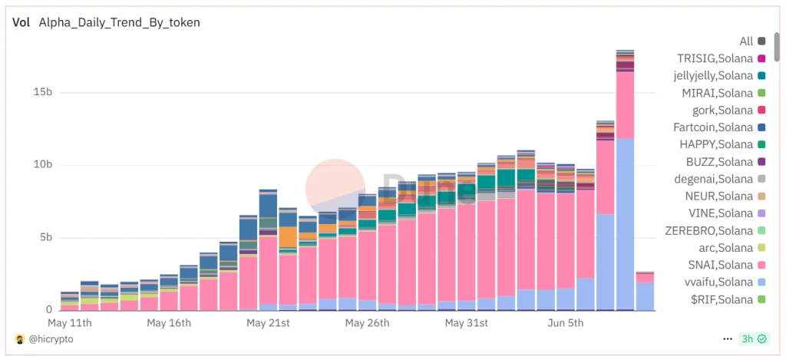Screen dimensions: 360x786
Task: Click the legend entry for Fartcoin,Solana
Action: pos(715,127)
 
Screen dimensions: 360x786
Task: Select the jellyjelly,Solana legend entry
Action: pos(715,75)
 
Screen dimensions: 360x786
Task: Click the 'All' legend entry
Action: pos(746,41)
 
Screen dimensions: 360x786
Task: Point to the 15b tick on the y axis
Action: pos(43,92)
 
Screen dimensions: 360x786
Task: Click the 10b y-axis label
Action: pos(43,165)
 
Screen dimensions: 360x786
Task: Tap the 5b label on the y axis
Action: pos(45,237)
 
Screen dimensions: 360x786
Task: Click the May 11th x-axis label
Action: pos(70,323)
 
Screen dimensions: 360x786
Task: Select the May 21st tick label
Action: pos(268,323)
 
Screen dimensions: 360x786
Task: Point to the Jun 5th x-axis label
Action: pos(566,323)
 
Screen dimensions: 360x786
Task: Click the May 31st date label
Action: pos(467,323)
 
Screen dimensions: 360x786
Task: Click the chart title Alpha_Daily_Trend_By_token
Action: pos(119,22)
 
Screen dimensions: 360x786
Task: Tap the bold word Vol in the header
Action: pos(21,22)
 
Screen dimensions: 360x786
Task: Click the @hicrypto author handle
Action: pos(49,339)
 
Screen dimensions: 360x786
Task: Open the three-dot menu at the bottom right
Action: pos(728,339)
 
